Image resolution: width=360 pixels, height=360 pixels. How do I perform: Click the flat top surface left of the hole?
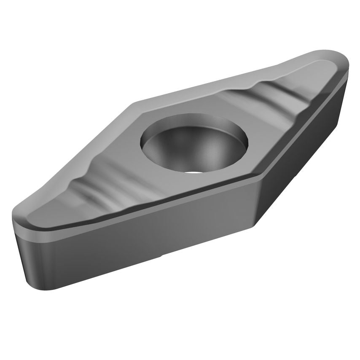click(122, 148)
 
